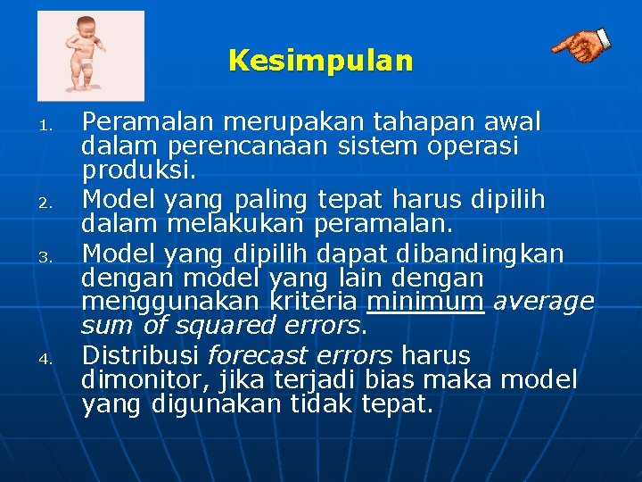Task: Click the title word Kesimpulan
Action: point(321,61)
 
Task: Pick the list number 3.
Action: point(51,260)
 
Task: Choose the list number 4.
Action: point(51,361)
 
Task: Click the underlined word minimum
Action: point(425,302)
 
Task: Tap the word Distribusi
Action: point(141,355)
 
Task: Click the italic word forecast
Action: point(251,355)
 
